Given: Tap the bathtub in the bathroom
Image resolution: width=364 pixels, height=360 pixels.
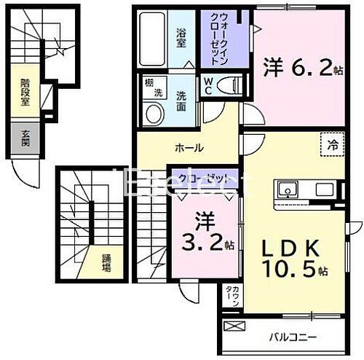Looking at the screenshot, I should pyautogui.click(x=151, y=40).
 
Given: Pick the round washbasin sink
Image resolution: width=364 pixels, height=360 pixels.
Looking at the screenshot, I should pyautogui.click(x=154, y=113).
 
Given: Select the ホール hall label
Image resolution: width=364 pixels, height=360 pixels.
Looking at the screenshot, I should pyautogui.click(x=188, y=148).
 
